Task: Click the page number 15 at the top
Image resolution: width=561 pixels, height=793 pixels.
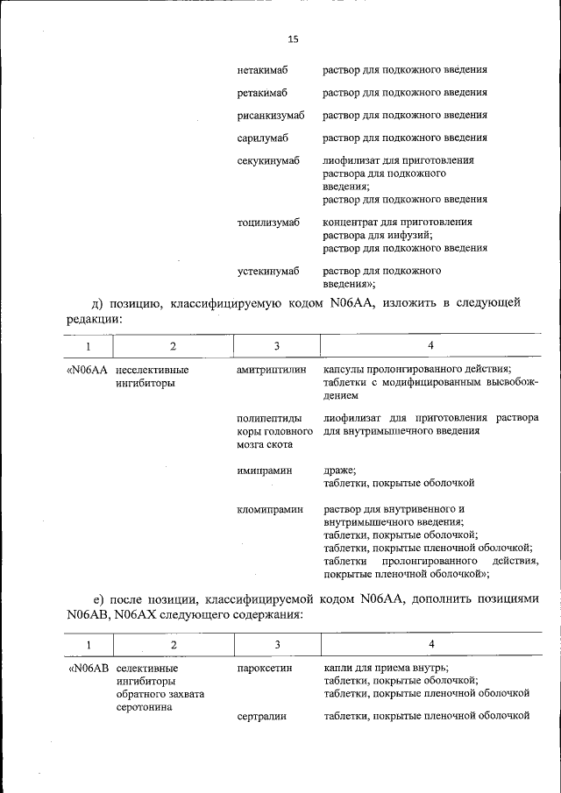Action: (x=293, y=39)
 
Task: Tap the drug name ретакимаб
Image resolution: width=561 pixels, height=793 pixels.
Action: (x=262, y=92)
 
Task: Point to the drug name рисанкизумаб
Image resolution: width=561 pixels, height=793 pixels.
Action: (x=270, y=115)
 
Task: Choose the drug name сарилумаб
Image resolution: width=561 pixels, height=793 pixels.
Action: (x=262, y=138)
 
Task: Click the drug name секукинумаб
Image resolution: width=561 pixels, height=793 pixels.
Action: (x=268, y=160)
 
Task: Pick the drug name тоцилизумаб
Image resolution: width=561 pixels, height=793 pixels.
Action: (x=268, y=222)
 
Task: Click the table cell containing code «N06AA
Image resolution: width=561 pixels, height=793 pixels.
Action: (x=87, y=371)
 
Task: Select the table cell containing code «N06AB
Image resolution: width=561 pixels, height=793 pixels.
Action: (x=88, y=668)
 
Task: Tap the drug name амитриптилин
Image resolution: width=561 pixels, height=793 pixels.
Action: (x=272, y=371)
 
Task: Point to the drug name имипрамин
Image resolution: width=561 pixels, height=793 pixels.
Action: (x=263, y=470)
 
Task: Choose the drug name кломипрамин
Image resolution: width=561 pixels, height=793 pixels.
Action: (x=268, y=508)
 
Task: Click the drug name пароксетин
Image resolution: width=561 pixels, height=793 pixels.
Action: (x=264, y=668)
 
